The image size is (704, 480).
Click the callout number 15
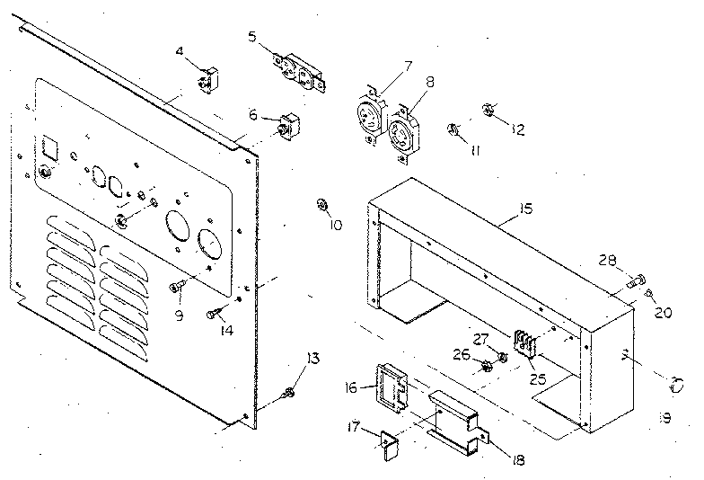pos(525,209)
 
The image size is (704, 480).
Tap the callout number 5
pos(253,36)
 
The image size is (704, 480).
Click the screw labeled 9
pos(176,287)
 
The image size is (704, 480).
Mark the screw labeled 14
pos(212,314)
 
